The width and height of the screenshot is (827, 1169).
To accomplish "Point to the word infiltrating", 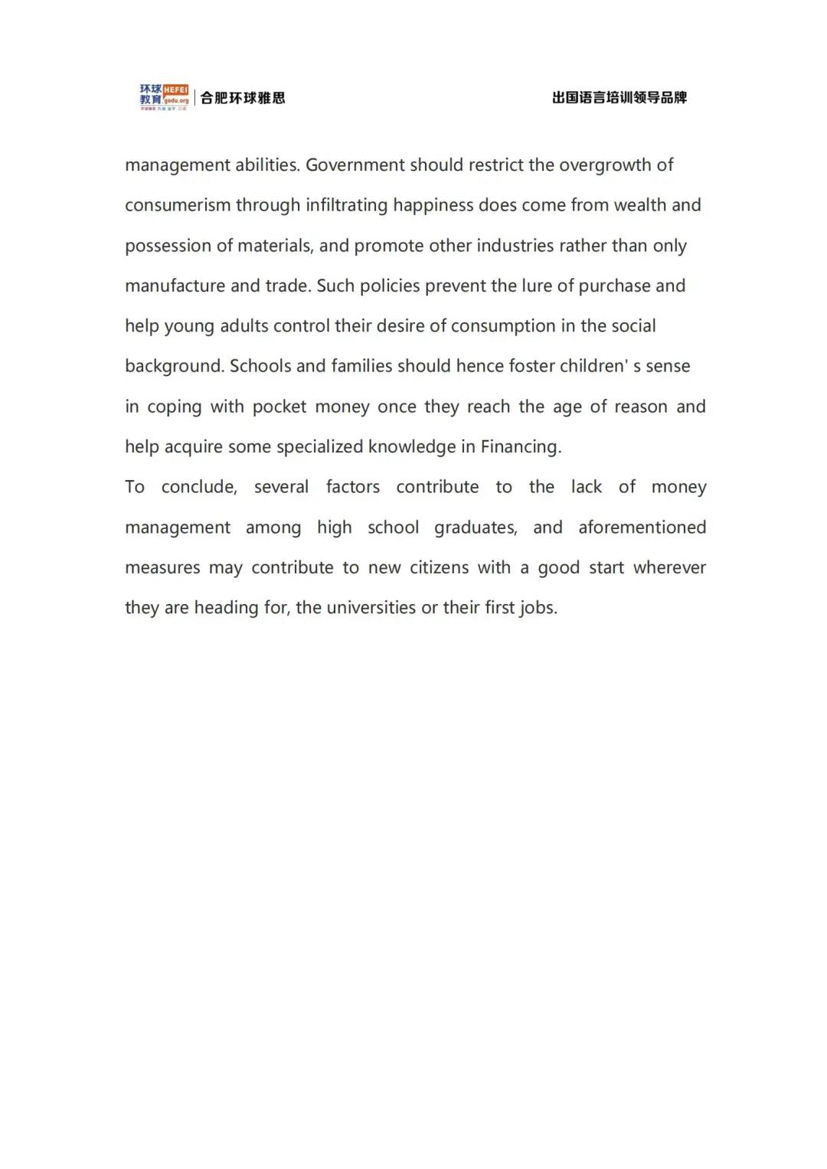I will click(347, 205).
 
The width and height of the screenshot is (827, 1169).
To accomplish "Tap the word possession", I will click(168, 246).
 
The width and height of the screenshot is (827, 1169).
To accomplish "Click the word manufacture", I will click(175, 286).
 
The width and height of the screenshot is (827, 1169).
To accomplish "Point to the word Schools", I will click(260, 366).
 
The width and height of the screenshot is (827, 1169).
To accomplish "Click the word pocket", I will click(279, 407).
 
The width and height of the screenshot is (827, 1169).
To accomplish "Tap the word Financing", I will click(520, 447).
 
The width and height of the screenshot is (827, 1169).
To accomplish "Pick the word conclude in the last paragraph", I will click(198, 487).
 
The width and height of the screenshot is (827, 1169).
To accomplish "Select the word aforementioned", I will click(642, 527).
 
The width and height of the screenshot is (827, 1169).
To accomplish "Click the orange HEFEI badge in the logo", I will click(175, 90).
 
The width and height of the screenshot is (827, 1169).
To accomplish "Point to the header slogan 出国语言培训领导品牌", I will click(619, 98).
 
